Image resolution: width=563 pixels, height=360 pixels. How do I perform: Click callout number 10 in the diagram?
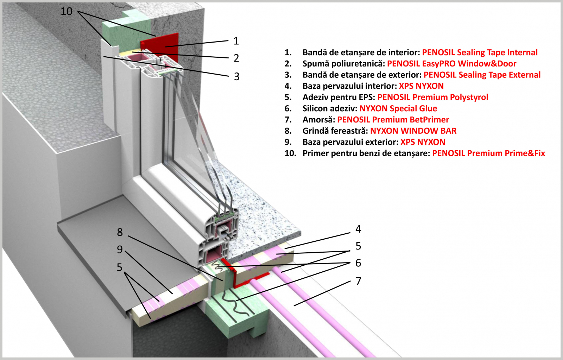click(67, 11)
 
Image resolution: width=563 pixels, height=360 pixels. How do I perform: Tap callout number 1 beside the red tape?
click(236, 41)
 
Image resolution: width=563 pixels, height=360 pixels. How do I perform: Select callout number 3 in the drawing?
click(236, 76)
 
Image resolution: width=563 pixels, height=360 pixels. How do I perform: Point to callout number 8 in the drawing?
click(120, 232)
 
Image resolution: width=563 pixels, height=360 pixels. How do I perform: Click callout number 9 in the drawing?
click(120, 250)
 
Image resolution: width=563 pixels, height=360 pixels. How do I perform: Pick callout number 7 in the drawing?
click(359, 281)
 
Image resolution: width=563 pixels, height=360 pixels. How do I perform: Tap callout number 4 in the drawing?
click(359, 229)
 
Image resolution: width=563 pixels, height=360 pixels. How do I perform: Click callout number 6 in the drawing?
click(359, 263)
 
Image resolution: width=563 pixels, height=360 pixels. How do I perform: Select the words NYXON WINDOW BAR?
click(413, 131)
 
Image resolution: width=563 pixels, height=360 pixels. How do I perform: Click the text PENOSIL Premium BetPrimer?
click(393, 120)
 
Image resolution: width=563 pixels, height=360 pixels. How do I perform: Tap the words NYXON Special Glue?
click(398, 108)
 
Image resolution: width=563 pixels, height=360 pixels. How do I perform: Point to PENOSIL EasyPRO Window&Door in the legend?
click(452, 64)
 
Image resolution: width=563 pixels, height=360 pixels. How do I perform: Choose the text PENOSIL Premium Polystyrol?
click(433, 97)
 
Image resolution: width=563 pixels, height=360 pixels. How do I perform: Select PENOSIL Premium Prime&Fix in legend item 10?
click(489, 153)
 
